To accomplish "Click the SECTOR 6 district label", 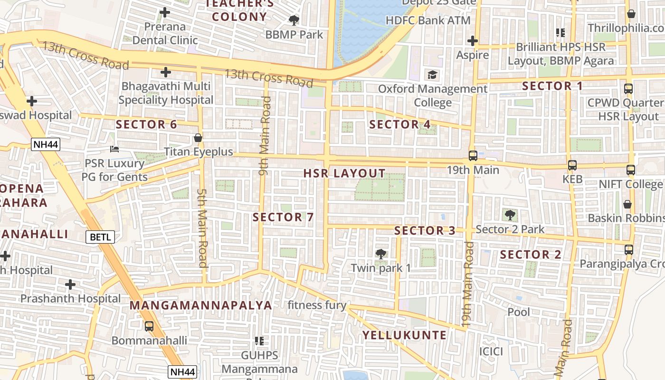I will pos(146,124).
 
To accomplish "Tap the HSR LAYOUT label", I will pos(344,173).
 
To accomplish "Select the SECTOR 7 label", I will pos(283,217).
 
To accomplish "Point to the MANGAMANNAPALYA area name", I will pos(201,305).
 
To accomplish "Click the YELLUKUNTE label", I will pos(405,335).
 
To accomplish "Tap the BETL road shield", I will pos(100,237).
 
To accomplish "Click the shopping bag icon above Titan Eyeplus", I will pos(198,138).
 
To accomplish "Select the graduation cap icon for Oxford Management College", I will pos(432,75).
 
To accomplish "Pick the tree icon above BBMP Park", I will pos(294,20).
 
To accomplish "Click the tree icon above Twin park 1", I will pos(380,254).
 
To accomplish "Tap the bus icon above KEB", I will pos(572,165).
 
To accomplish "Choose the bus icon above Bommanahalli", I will pos(149,326).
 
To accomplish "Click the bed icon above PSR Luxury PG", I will pos(114,149).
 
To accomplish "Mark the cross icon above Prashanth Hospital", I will pos(70,285).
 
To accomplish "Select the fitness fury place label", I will pos(317,305).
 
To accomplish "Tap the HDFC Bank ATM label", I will pos(428,20).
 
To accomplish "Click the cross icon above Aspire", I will pos(472,41).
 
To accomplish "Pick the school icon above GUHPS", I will pos(259,341).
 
